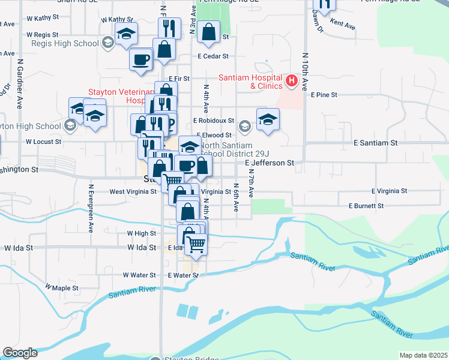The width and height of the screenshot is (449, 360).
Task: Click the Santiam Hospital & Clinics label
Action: pyautogui.click(x=250, y=82)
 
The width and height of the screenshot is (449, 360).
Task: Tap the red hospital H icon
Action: pyautogui.click(x=292, y=80)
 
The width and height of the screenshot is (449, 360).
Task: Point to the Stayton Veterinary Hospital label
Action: pyautogui.click(x=120, y=96)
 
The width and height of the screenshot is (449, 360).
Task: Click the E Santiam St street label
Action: pyautogui.click(x=376, y=143)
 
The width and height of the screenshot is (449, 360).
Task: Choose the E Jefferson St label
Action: pyautogui.click(x=270, y=163)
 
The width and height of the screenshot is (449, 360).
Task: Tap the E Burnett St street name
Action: pyautogui.click(x=366, y=206)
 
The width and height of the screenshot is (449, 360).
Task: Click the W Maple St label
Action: pyautogui.click(x=62, y=289)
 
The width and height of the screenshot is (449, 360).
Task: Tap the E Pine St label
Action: pyautogui.click(x=324, y=95)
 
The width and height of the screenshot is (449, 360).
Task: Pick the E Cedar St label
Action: pyautogui.click(x=213, y=56)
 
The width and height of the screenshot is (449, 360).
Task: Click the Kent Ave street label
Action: pyautogui.click(x=343, y=26)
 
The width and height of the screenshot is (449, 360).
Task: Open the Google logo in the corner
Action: pyautogui.click(x=20, y=353)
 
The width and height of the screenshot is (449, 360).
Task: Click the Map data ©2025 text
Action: pyautogui.click(x=423, y=355)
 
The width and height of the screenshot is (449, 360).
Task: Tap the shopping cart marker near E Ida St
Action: pyautogui.click(x=196, y=244)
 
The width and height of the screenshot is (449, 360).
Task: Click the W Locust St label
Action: pyautogui.click(x=43, y=142)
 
